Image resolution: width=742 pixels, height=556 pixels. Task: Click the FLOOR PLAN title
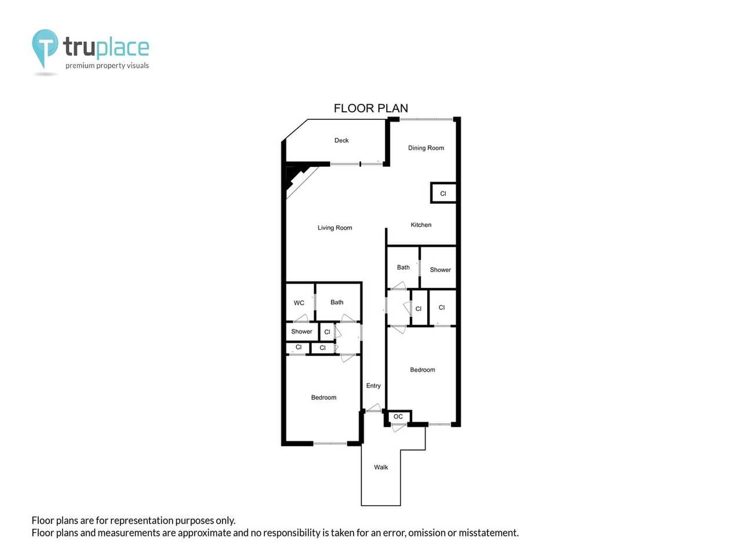click(x=370, y=108)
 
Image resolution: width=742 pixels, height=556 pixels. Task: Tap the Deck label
click(x=341, y=140)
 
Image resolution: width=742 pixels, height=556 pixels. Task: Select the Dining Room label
click(x=425, y=148)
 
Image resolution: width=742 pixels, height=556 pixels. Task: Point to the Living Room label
click(x=334, y=228)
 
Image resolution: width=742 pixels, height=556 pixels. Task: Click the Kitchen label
click(x=421, y=225)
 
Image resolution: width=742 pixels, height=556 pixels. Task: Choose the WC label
click(x=299, y=303)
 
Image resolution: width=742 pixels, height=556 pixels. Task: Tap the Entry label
click(x=373, y=386)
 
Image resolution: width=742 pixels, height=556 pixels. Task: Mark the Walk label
click(x=381, y=467)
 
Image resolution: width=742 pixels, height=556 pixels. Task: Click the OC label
click(x=398, y=416)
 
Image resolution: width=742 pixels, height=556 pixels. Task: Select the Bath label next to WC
click(x=337, y=302)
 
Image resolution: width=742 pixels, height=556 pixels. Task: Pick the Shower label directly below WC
click(x=301, y=331)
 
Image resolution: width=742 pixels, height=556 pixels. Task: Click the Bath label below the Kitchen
click(x=403, y=268)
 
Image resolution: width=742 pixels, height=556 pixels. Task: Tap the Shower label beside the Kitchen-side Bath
click(x=440, y=270)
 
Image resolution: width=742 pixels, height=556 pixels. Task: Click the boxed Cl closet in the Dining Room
click(x=443, y=193)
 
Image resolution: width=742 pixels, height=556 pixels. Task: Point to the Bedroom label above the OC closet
click(x=422, y=370)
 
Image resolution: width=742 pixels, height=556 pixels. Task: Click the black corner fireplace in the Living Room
click(x=295, y=175)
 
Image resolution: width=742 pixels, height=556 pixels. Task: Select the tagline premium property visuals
click(x=107, y=66)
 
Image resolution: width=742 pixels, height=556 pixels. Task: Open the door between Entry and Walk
click(x=373, y=409)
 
